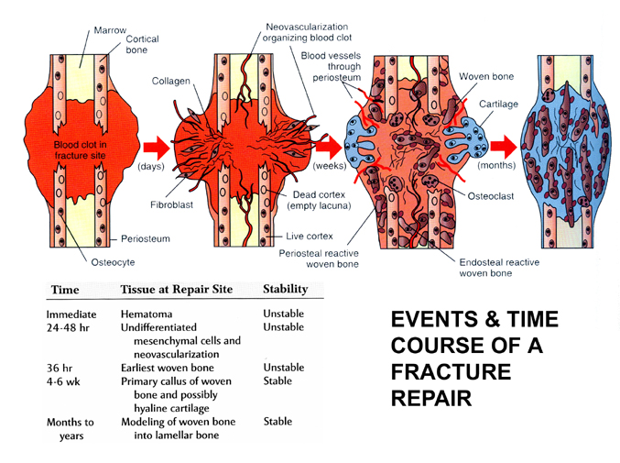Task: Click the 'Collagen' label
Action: click(170, 81)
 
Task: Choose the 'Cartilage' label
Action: click(499, 104)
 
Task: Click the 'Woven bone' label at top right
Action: click(486, 76)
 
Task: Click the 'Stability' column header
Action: click(285, 290)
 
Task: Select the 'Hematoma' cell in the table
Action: click(146, 314)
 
